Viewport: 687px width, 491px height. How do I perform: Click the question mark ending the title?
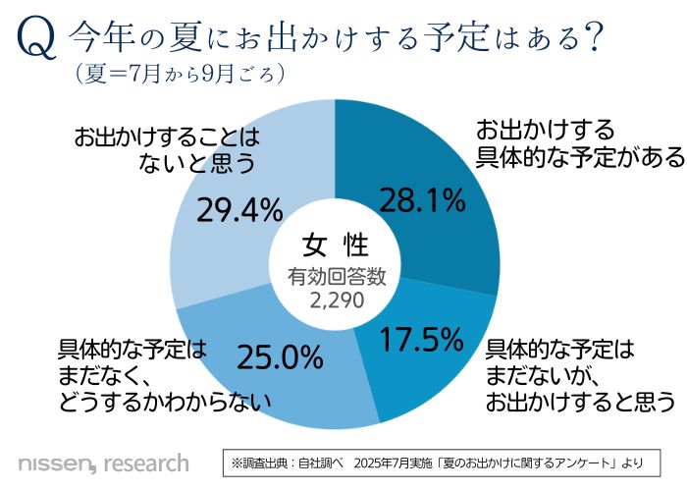(x=591, y=40)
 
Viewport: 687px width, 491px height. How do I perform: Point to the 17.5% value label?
(x=420, y=340)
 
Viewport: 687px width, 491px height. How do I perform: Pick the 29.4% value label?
(x=240, y=209)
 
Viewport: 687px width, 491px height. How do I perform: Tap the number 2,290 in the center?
(x=336, y=299)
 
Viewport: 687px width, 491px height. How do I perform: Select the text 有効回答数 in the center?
(x=336, y=277)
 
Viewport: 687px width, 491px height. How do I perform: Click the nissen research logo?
(x=103, y=462)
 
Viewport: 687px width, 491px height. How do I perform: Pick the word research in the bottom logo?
(x=145, y=462)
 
